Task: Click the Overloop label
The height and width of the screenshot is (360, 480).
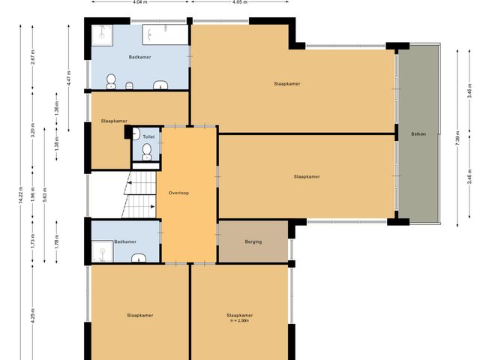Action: pos(178,193)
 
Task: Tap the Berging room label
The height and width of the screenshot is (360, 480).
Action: pos(253,242)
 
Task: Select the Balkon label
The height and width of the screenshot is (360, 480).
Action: pos(418,134)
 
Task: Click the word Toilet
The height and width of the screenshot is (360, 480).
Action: pos(148,137)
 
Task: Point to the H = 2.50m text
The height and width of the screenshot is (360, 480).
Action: pos(238,321)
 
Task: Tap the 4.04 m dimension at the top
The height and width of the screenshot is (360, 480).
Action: pos(139,2)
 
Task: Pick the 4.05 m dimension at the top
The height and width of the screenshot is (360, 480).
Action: pos(240,2)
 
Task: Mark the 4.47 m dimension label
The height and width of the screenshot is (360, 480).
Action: pos(68,78)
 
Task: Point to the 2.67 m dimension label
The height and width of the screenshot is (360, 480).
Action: pos(33,60)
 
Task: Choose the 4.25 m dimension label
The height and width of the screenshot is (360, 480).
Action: pos(33,315)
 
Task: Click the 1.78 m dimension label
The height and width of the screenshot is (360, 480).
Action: pos(57,241)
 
